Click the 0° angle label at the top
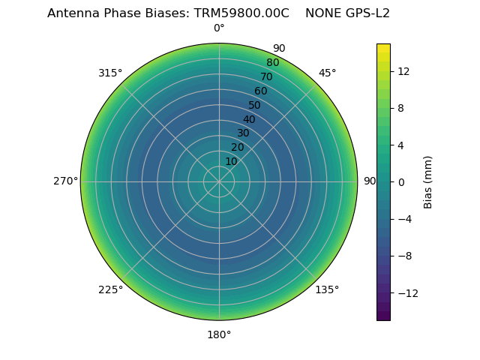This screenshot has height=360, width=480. point(219,28)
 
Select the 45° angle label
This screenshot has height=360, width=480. point(327,73)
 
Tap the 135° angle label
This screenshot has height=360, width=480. point(327,289)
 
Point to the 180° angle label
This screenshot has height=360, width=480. point(219,334)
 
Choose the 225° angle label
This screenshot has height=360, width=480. point(110,289)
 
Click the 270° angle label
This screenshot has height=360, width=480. point(65,181)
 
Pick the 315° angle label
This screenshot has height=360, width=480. point(110,73)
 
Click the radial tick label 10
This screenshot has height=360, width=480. point(231,161)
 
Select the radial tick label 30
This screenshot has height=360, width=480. point(243,133)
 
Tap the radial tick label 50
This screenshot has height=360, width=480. point(255,105)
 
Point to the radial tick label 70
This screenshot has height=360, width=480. point(267,76)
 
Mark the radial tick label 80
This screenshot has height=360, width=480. point(273,62)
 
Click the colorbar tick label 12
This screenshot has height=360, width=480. point(403,71)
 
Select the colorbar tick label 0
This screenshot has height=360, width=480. point(401,181)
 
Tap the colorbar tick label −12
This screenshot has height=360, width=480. point(406,292)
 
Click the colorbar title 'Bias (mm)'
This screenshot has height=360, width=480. point(428,181)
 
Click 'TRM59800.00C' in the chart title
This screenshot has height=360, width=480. point(242,13)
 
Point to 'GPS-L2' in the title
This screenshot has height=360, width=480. point(369,13)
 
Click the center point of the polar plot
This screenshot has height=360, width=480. point(219,181)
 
